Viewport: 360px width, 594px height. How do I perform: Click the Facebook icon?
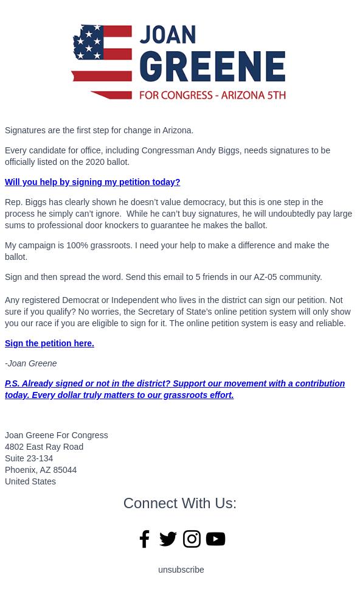[x=144, y=539]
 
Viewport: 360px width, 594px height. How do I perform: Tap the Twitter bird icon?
[x=168, y=539]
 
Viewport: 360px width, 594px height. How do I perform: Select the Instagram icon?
[x=192, y=539]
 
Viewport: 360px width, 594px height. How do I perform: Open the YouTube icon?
[x=215, y=539]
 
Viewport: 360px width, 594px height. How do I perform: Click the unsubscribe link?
[x=181, y=570]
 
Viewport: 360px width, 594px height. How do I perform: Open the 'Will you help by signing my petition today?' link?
[x=92, y=182]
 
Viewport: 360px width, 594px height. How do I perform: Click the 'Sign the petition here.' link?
[x=49, y=343]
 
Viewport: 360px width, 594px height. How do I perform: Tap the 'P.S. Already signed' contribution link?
[x=175, y=389]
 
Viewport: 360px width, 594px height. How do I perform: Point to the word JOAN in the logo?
[x=168, y=35]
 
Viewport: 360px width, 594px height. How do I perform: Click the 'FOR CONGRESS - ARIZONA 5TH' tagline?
[x=212, y=95]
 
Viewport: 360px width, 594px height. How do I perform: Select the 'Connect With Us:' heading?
[x=180, y=503]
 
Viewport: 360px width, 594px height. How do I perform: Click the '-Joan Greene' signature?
[x=31, y=363]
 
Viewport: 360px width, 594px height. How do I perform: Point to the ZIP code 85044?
[x=65, y=470]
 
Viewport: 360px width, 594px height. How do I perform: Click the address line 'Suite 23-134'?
[x=29, y=458]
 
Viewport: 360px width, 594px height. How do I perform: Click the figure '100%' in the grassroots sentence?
[x=77, y=245]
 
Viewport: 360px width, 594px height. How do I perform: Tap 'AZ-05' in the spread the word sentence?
[x=265, y=277]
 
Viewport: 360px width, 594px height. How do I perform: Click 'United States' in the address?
[x=30, y=481]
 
